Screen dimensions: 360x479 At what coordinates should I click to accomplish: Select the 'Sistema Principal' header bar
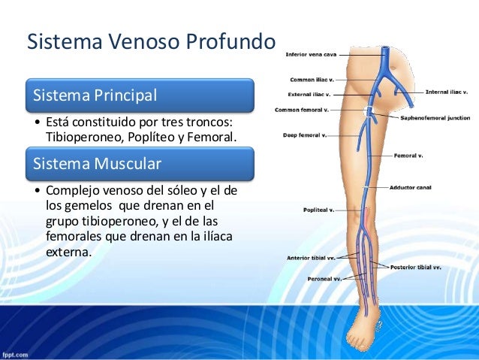coord(140,95)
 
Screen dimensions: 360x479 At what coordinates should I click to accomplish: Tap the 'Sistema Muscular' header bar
coord(140,163)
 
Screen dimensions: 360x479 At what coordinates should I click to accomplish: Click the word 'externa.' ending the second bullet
coord(69,253)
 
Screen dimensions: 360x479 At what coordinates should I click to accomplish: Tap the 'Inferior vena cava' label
coord(311,54)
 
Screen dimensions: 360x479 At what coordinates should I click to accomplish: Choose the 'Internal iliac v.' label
coord(447,92)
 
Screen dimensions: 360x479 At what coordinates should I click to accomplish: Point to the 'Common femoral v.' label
coord(302,110)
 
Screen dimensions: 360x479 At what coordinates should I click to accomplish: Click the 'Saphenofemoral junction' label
coord(435,118)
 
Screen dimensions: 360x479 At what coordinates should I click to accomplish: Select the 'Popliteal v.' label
coord(318,210)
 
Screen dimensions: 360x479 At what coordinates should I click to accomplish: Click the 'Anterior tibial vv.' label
coord(312,257)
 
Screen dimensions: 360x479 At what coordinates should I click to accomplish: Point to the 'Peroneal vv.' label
coord(324,279)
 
